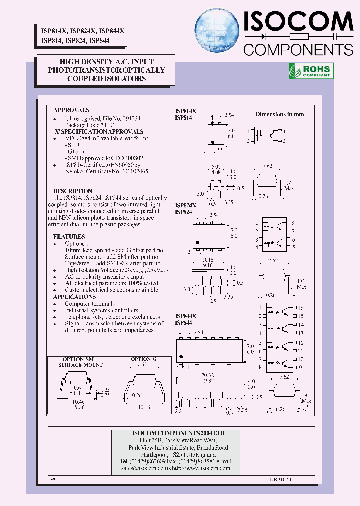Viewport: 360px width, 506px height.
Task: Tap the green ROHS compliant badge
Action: point(311,71)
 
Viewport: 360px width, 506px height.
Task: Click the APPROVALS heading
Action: point(71,110)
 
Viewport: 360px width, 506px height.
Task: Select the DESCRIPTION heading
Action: point(73,191)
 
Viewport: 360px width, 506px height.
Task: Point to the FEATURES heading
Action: point(69,236)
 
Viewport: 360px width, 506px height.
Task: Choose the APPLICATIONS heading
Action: point(74,297)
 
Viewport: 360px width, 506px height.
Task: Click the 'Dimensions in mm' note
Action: point(279,114)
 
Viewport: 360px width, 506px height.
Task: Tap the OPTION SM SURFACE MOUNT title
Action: point(77,362)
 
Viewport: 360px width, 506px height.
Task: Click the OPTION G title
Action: point(143,359)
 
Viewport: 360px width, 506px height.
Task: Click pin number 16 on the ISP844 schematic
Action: point(301,308)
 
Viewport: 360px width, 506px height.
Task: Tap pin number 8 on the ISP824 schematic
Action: point(293,222)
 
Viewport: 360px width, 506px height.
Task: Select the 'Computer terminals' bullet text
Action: point(90,304)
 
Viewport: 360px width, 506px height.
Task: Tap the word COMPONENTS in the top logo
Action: point(298,49)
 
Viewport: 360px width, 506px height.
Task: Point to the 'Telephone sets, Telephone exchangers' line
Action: point(112,317)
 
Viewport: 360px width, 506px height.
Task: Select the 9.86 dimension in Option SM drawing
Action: point(77,407)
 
